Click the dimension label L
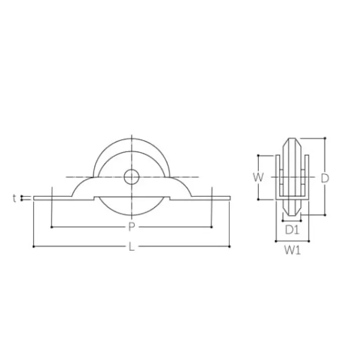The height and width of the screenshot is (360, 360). tap(131, 247)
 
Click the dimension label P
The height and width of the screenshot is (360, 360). tap(131, 227)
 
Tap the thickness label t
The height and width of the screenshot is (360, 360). tap(15, 198)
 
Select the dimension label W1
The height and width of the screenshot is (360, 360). tap(292, 250)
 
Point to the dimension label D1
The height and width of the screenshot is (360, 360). tap(292, 230)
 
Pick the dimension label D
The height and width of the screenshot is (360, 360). tap(325, 178)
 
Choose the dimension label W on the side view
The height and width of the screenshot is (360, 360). tap(259, 177)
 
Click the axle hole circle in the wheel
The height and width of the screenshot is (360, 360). tap(131, 177)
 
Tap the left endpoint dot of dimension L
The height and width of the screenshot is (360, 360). tap(34, 246)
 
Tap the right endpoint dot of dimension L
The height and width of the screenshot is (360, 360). tap(230, 246)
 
